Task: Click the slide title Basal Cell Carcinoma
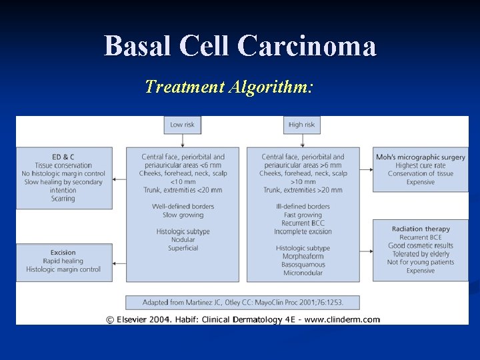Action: tap(240, 46)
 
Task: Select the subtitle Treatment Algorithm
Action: tap(229, 87)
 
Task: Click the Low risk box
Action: tap(182, 125)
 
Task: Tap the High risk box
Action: tap(302, 125)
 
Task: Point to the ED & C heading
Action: tap(63, 157)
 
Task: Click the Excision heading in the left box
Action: tap(63, 253)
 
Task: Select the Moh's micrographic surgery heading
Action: tap(420, 157)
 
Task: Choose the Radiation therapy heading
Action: tap(420, 229)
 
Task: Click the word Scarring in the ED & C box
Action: tap(63, 199)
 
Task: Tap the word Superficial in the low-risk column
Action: tap(183, 248)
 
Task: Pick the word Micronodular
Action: tap(303, 273)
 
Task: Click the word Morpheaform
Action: tap(303, 257)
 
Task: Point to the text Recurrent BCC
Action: tap(303, 223)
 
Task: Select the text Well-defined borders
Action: tap(183, 207)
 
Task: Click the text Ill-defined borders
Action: tap(303, 207)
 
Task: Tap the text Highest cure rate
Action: tap(420, 165)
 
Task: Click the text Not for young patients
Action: tap(420, 262)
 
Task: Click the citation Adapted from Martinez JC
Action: tap(243, 302)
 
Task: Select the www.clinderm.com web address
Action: tap(343, 319)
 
